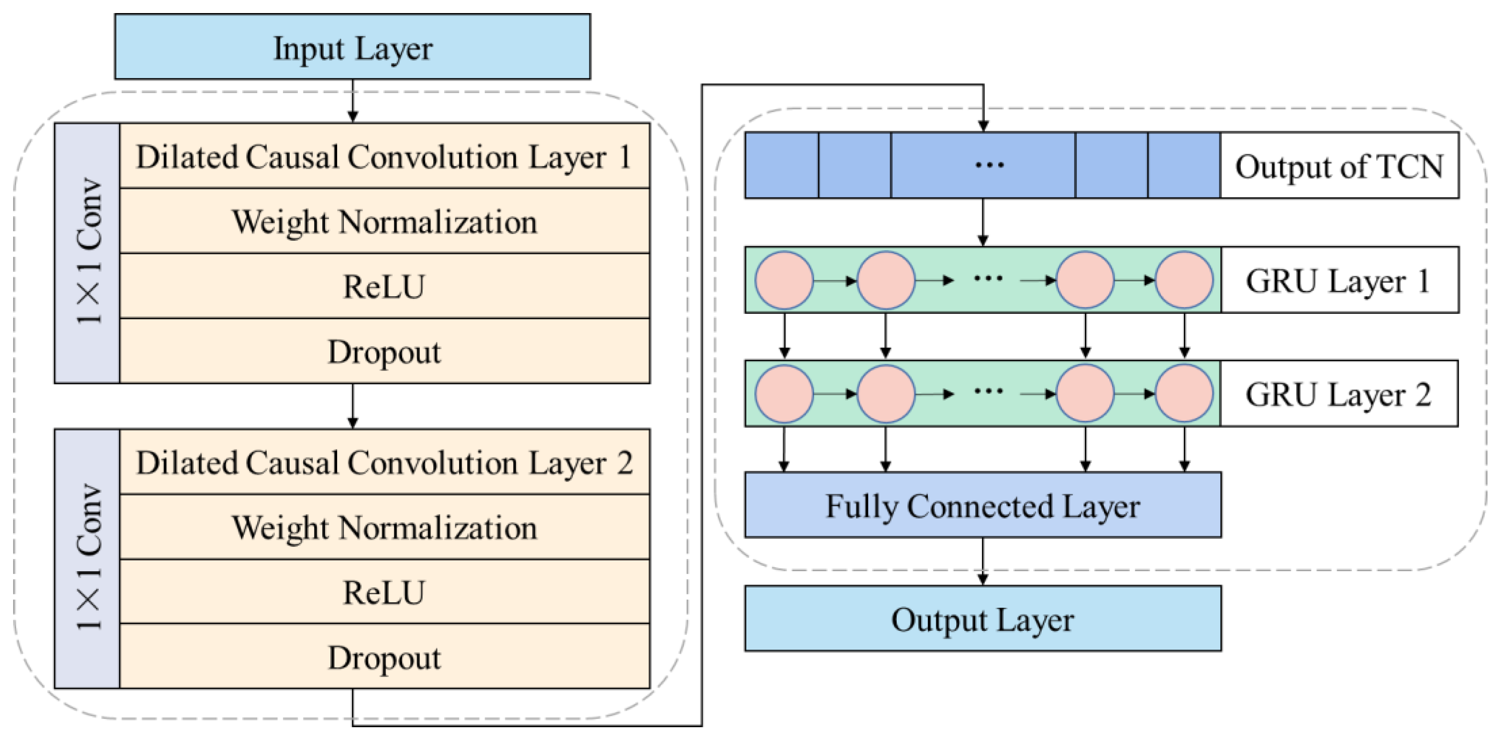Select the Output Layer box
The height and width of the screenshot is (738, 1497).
tap(982, 619)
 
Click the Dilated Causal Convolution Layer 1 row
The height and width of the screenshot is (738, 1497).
tap(384, 156)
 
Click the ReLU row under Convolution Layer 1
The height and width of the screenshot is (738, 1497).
tap(384, 286)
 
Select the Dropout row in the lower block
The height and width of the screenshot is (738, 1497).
tap(384, 657)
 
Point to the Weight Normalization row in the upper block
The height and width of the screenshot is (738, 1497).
tap(384, 221)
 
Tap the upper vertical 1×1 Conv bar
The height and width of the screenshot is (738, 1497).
tap(87, 252)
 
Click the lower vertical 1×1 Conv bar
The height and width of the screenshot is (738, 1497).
tap(87, 559)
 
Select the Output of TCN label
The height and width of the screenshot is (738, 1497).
tap(1339, 166)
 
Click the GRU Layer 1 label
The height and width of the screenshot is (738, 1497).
tap(1339, 280)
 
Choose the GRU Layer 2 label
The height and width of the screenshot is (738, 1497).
tap(1339, 394)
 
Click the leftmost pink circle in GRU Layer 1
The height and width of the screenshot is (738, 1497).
tap(784, 280)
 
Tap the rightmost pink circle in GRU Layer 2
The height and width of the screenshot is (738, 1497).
tap(1184, 393)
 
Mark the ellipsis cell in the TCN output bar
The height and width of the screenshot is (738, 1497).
tap(983, 165)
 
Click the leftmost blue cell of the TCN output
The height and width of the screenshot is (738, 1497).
tap(782, 165)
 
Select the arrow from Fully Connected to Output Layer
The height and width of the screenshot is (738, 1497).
tap(983, 561)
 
